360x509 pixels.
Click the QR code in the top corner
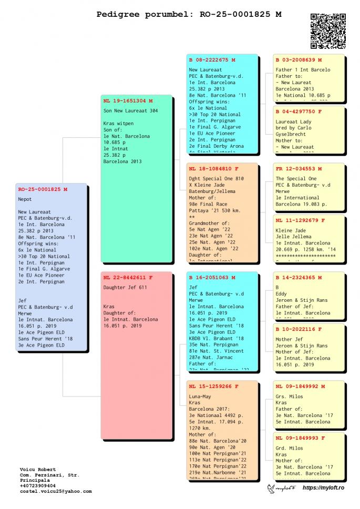328,31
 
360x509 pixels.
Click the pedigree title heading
189,14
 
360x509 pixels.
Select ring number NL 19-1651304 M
128,100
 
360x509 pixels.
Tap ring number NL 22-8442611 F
128,277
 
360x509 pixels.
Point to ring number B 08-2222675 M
213,60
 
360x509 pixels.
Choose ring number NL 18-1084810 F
213,169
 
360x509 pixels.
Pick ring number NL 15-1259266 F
213,386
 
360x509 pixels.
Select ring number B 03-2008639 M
299,60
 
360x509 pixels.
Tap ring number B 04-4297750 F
299,111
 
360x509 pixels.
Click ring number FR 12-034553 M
299,169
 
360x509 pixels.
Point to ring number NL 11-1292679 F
300,220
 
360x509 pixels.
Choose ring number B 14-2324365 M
299,277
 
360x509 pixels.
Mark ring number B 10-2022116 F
299,329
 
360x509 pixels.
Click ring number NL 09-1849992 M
300,386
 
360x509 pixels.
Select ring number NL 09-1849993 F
300,437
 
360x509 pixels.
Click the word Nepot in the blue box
25,200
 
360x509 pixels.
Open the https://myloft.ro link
323,488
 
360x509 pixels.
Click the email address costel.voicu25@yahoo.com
56,491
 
